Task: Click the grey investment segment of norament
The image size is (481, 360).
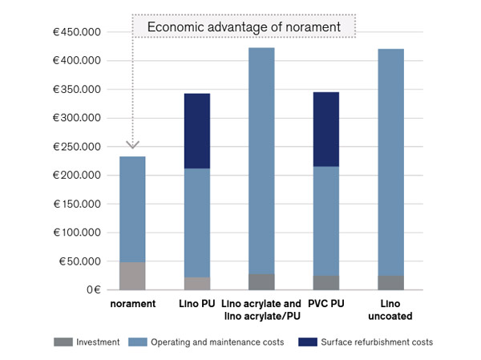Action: [132, 276]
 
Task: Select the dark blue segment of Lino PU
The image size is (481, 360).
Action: [196, 131]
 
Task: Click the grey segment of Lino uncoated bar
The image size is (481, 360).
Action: [390, 282]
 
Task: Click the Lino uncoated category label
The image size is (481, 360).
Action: [390, 310]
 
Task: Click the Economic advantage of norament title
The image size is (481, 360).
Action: [245, 27]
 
